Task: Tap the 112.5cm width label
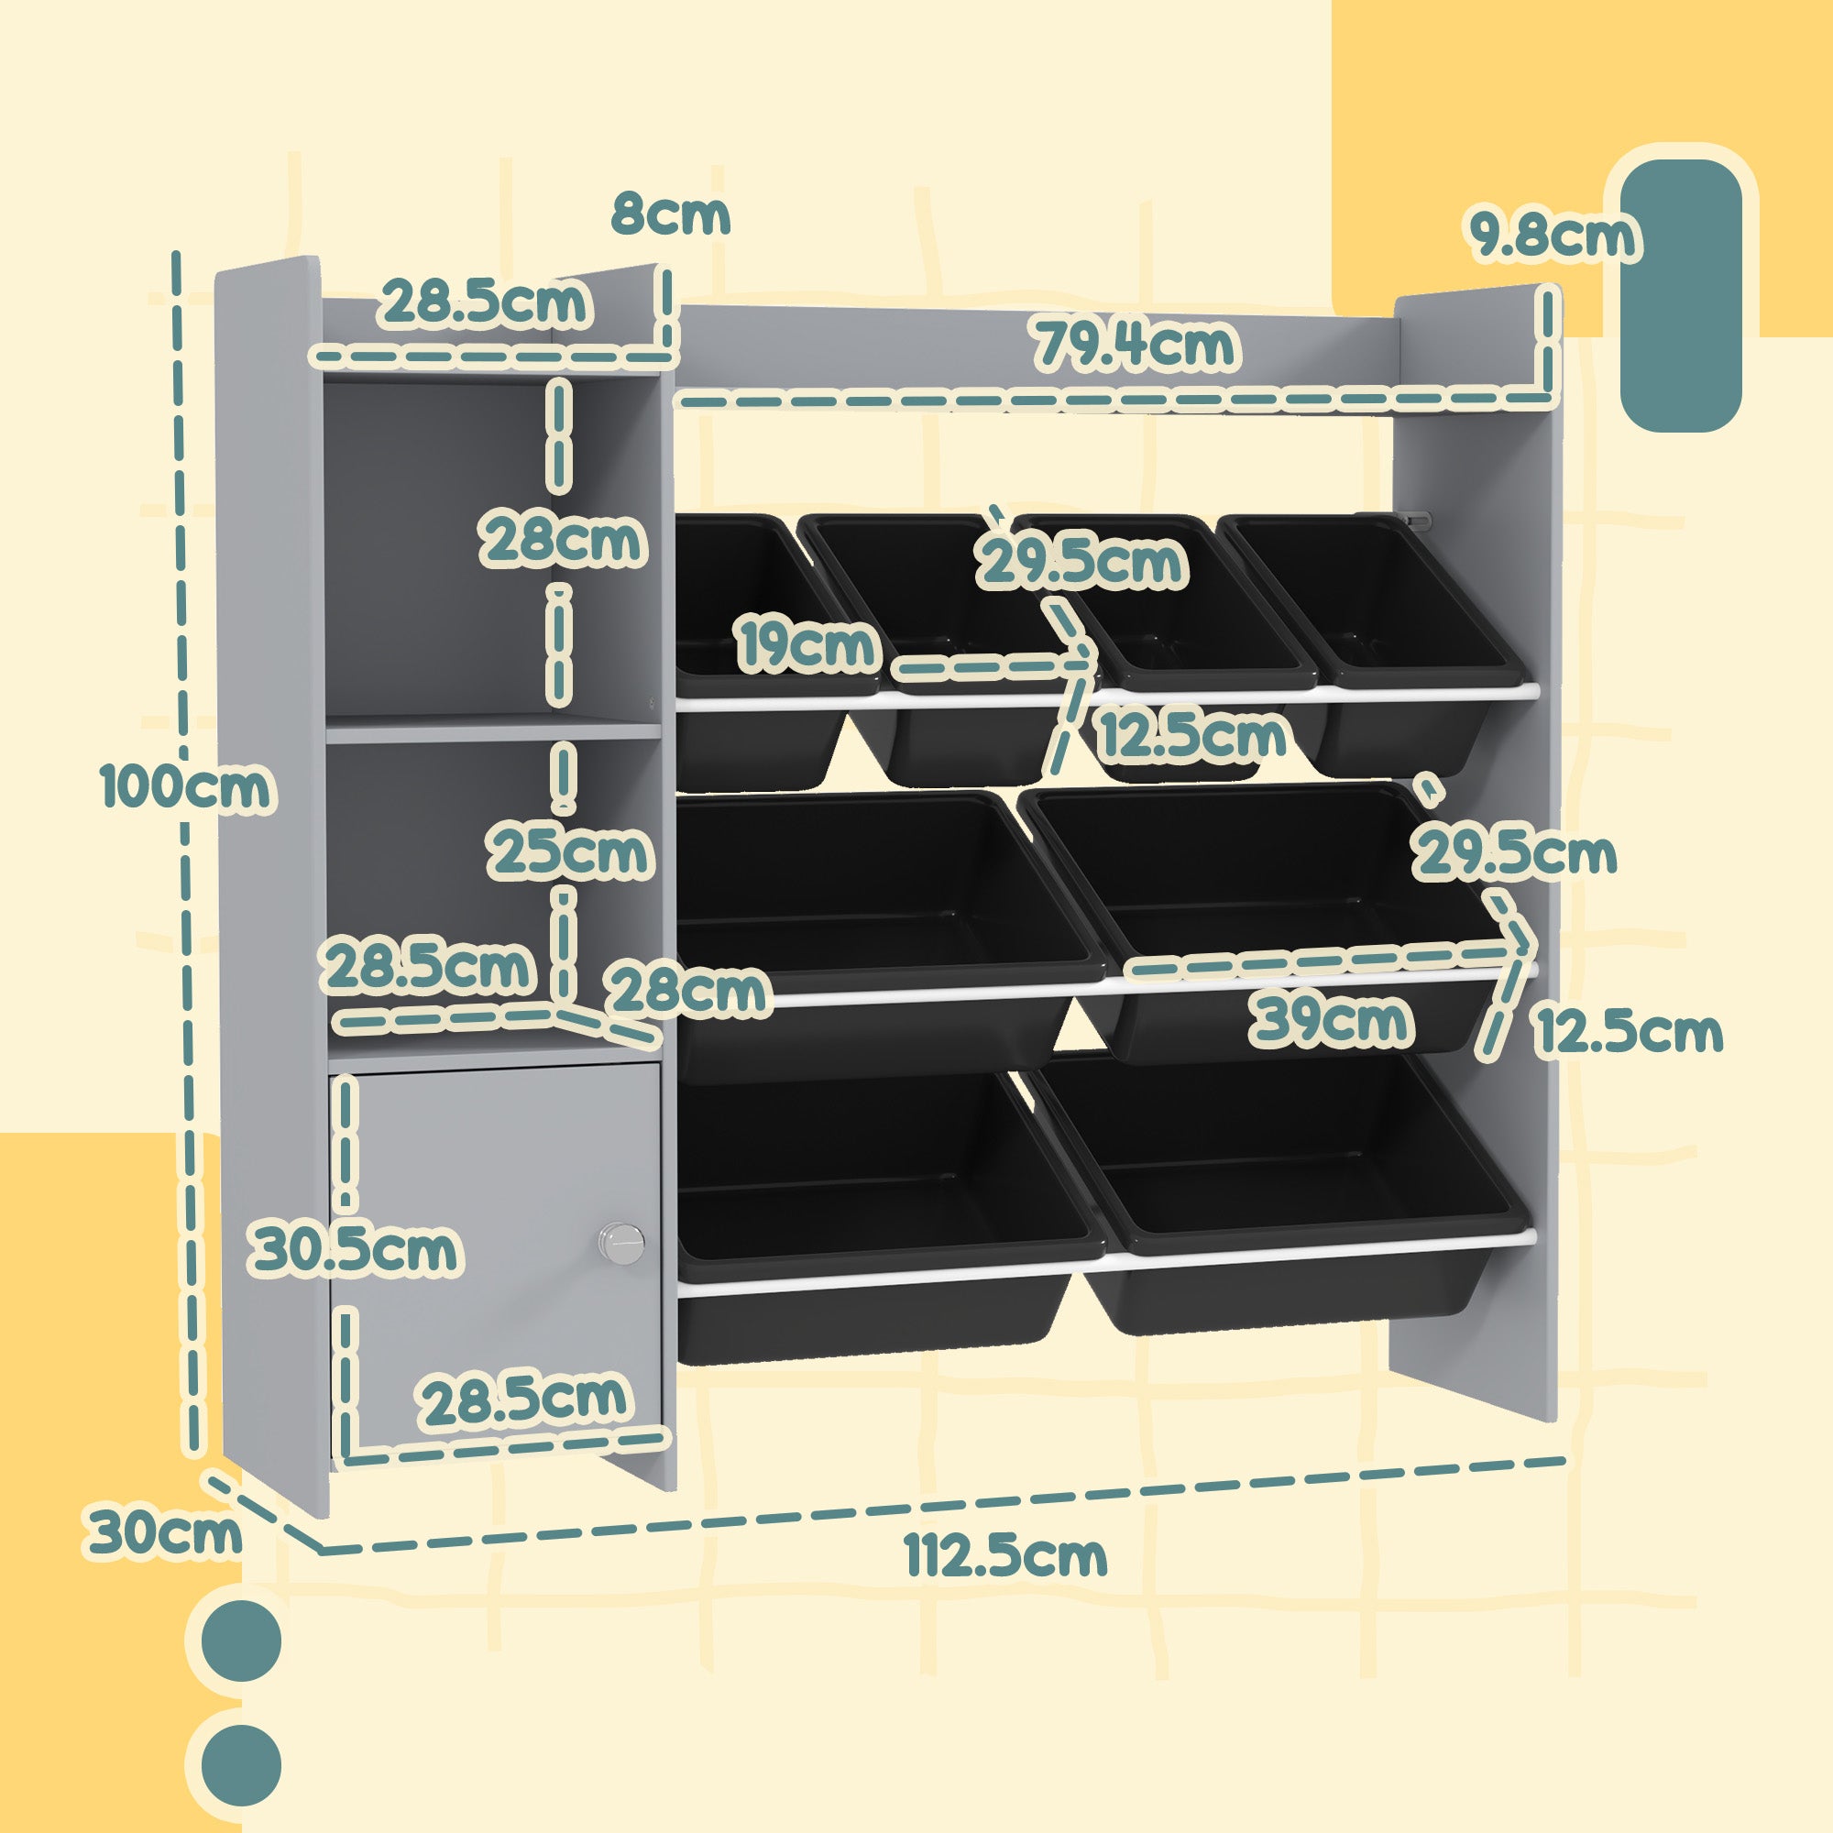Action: click(x=1004, y=1556)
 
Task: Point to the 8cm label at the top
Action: click(x=671, y=214)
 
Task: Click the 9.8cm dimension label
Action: click(x=1553, y=236)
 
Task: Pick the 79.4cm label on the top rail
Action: click(x=1136, y=345)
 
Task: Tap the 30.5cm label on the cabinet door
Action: click(x=354, y=1249)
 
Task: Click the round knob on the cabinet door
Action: click(x=621, y=1242)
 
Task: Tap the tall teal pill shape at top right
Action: click(x=1680, y=295)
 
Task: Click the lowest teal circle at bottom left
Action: click(x=242, y=1764)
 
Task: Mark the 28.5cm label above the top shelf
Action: click(x=485, y=302)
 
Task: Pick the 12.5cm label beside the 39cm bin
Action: click(x=1629, y=1031)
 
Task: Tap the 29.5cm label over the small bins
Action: click(x=1082, y=562)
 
